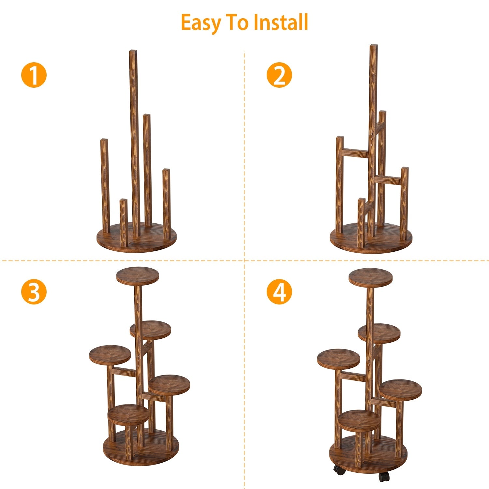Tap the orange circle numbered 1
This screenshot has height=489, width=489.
click(34, 75)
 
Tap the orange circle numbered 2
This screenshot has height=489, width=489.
click(279, 75)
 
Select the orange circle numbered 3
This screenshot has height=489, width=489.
click(34, 292)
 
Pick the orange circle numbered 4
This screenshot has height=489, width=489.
click(279, 292)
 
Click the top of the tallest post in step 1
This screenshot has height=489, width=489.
click(133, 52)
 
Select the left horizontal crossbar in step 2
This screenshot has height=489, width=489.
click(355, 153)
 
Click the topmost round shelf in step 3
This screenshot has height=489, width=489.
click(138, 275)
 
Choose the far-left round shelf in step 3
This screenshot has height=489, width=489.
click(110, 355)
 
